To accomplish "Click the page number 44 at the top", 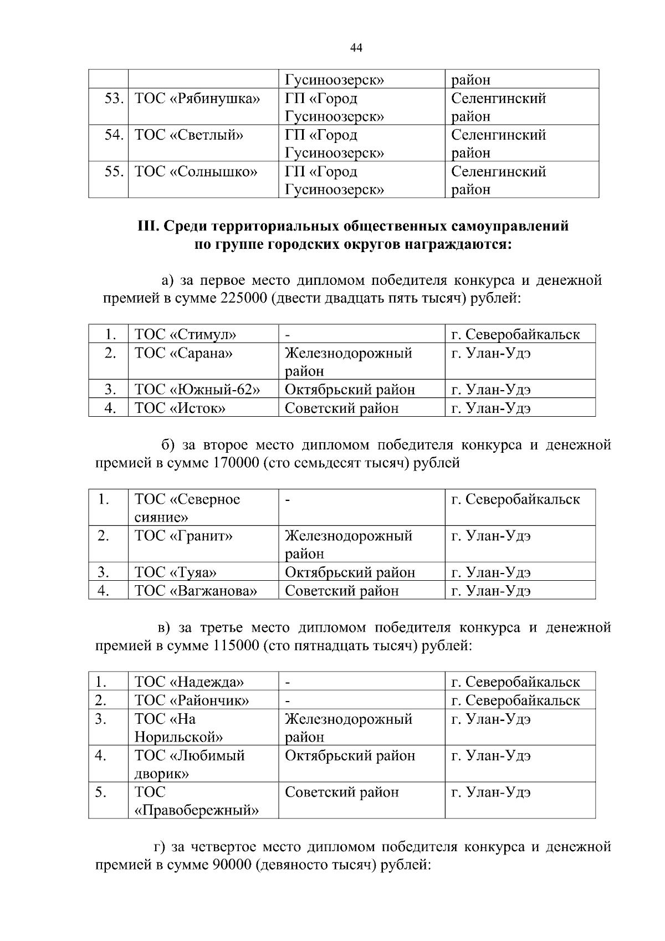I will pyautogui.click(x=356, y=48).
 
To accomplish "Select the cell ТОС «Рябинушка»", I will pyautogui.click(x=197, y=99).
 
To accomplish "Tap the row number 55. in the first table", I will pyautogui.click(x=114, y=172).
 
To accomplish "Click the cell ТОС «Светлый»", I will pyautogui.click(x=189, y=135).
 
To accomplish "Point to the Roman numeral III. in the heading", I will pyautogui.click(x=147, y=227).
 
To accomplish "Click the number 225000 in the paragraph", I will pyautogui.click(x=243, y=298).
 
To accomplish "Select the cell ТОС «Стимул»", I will pyautogui.click(x=186, y=335).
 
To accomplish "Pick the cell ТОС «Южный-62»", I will pyautogui.click(x=197, y=390).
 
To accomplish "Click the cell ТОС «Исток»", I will pyautogui.click(x=180, y=408).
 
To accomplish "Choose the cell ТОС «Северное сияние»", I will pyautogui.click(x=187, y=508).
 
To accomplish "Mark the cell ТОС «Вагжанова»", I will pyautogui.click(x=196, y=591).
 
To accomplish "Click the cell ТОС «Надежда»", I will pyautogui.click(x=189, y=682).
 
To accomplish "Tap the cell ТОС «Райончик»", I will pyautogui.click(x=192, y=700).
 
